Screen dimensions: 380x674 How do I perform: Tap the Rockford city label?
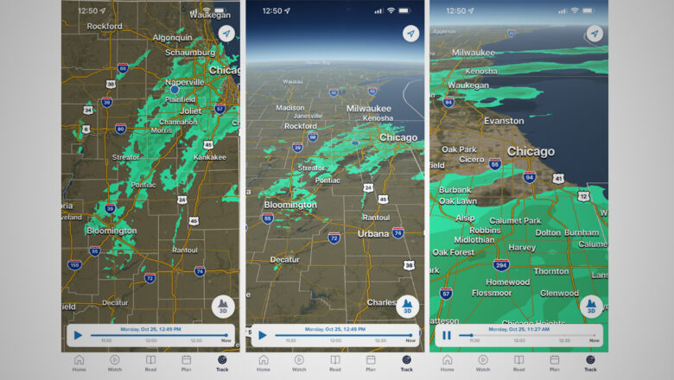(105, 27)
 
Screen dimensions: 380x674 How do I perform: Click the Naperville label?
(185, 82)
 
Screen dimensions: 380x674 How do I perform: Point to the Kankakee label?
(209, 157)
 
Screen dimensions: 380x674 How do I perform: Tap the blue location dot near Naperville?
(174, 89)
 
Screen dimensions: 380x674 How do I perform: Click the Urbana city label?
(372, 233)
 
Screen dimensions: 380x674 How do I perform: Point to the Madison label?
(289, 107)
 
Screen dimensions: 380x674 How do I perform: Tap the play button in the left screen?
(78, 335)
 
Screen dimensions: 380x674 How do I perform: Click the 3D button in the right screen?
(592, 306)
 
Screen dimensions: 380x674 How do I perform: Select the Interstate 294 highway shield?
(501, 265)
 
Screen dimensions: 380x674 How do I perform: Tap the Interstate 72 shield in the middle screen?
(334, 237)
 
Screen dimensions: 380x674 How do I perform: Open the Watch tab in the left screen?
(114, 362)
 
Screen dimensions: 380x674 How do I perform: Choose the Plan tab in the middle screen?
(370, 362)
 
